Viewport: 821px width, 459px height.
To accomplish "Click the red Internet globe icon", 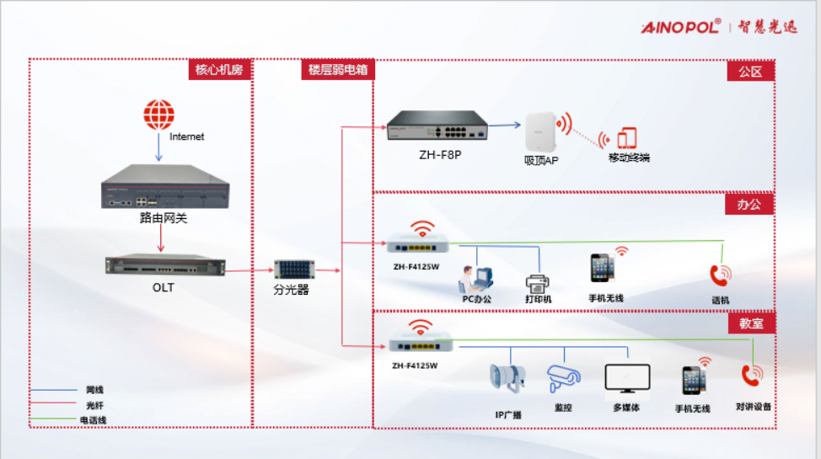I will pyautogui.click(x=158, y=115).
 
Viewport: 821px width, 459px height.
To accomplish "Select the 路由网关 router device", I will pyautogui.click(x=158, y=189).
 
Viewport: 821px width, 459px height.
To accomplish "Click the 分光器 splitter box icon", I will pyautogui.click(x=292, y=270).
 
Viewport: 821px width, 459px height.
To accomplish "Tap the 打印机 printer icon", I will pyautogui.click(x=538, y=282).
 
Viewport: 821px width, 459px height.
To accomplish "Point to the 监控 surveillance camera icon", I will pyautogui.click(x=561, y=377).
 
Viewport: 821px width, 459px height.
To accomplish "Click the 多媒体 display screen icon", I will pyautogui.click(x=627, y=380).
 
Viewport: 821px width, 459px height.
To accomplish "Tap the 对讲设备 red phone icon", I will pyautogui.click(x=751, y=376).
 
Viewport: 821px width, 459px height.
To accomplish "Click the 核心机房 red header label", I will pyautogui.click(x=220, y=70).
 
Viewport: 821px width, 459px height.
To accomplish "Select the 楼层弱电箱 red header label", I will pyautogui.click(x=337, y=70).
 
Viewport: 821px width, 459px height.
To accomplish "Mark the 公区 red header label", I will pyautogui.click(x=750, y=72).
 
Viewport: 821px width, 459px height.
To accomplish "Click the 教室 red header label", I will pyautogui.click(x=750, y=323).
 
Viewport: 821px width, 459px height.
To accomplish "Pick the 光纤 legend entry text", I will pyautogui.click(x=94, y=405).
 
